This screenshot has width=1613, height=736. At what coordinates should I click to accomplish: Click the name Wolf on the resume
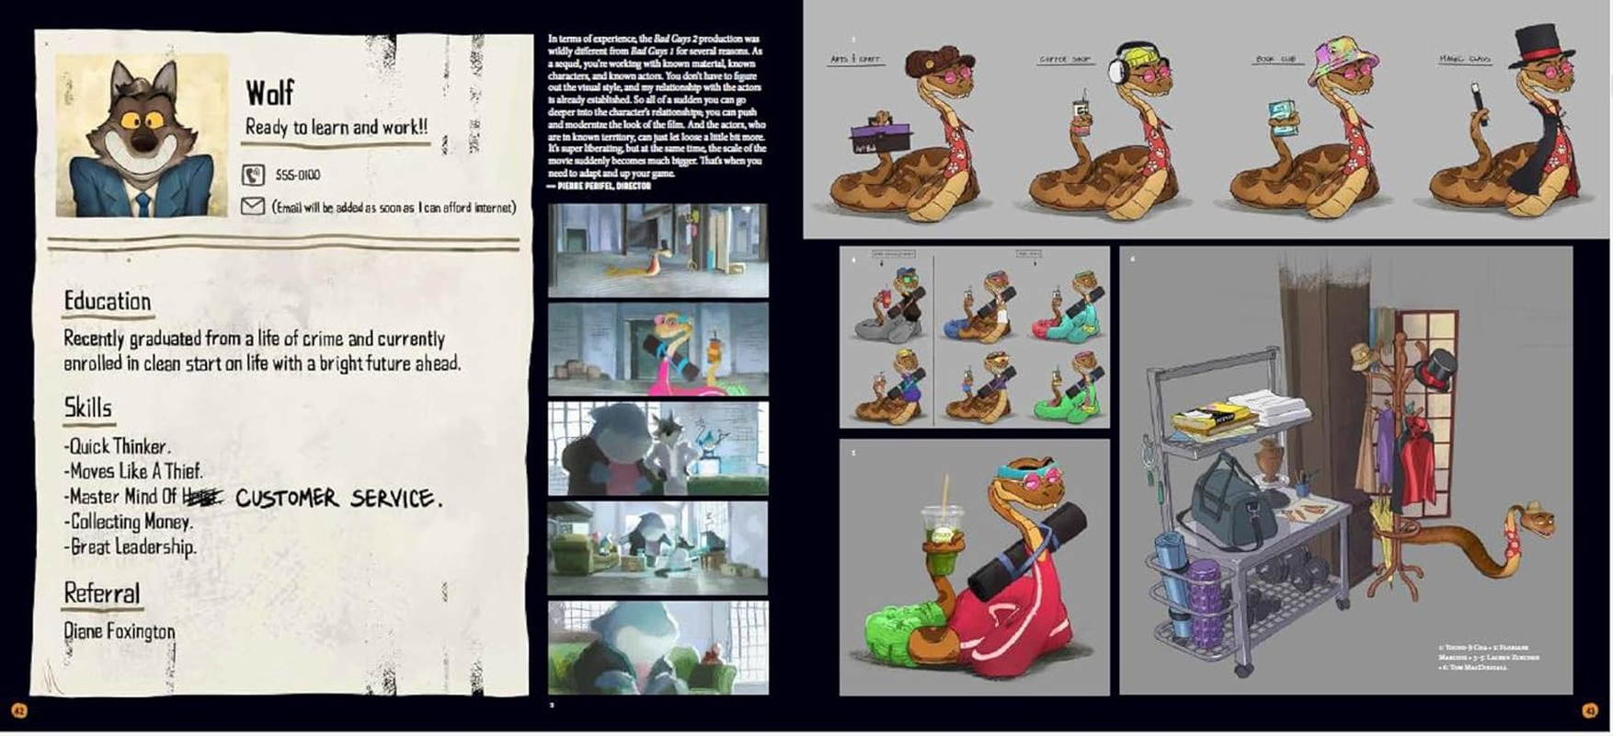[269, 93]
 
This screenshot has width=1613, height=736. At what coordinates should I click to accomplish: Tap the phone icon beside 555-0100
[253, 175]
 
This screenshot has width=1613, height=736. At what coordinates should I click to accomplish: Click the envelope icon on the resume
[253, 207]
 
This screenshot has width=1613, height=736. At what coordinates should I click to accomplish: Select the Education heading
[108, 302]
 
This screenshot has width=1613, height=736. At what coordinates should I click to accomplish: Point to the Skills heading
[88, 408]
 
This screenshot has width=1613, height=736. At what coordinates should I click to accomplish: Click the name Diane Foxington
[120, 631]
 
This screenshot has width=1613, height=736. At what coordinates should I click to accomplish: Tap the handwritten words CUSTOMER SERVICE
[337, 499]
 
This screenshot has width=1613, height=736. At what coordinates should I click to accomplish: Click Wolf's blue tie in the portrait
[143, 203]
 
